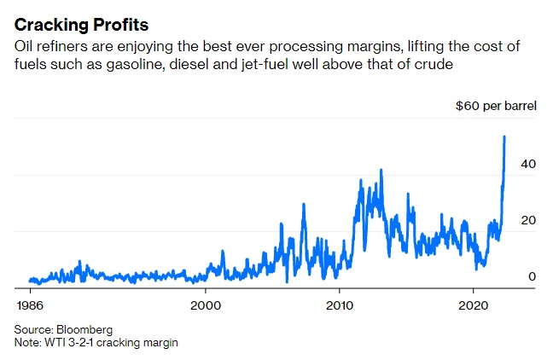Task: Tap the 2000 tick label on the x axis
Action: tap(206, 304)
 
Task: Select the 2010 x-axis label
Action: tap(340, 304)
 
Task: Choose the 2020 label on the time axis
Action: tap(474, 304)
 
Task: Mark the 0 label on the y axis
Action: tap(531, 276)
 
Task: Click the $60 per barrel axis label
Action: tap(493, 106)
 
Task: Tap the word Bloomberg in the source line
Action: tap(84, 328)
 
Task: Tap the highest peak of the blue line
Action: tap(504, 136)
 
